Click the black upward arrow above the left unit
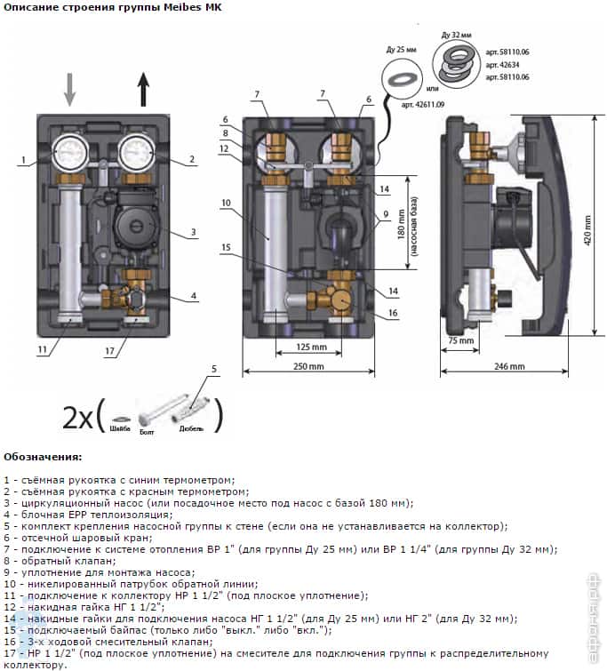[x=143, y=91]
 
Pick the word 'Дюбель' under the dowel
[x=190, y=428]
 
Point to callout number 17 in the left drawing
[x=109, y=351]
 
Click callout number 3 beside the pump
[x=192, y=233]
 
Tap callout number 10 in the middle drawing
[x=227, y=204]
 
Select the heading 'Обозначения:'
[x=43, y=457]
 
